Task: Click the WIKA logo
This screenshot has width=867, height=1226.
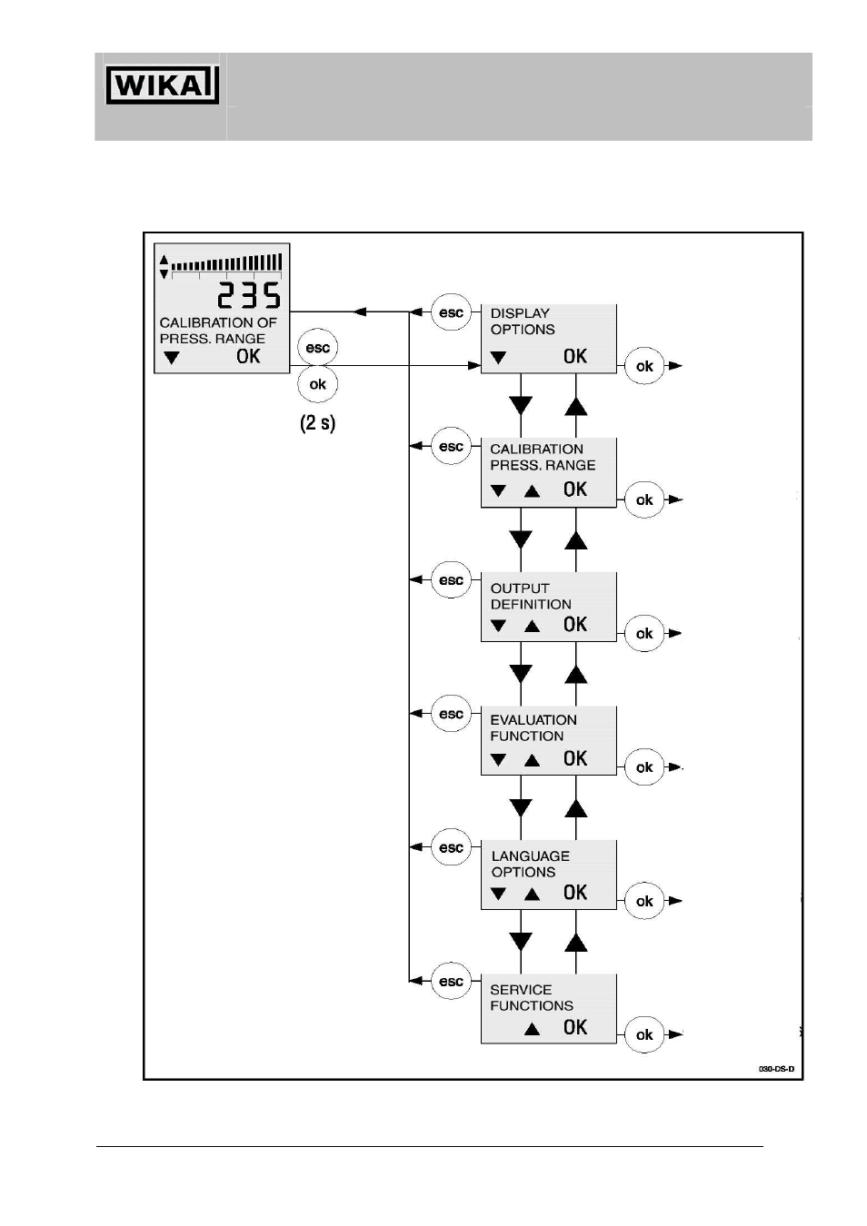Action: pos(162,84)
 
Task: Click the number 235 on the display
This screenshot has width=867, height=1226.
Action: pos(249,295)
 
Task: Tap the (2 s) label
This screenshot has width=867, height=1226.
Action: pos(318,422)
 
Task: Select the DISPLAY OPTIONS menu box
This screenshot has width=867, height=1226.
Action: pos(548,339)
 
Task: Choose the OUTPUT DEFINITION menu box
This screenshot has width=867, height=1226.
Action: pos(548,607)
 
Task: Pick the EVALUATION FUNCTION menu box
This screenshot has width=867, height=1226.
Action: pos(548,740)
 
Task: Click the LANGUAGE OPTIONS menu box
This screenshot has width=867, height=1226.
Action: pos(548,875)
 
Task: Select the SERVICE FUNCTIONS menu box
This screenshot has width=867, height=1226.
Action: pos(548,1009)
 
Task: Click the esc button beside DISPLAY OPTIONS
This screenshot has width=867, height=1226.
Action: pos(452,312)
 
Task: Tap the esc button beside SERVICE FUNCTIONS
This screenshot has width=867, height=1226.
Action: pos(452,982)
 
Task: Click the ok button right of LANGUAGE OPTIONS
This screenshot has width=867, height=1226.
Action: pos(644,901)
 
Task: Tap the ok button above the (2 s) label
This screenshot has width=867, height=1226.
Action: pos(318,384)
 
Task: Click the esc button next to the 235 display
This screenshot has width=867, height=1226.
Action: pos(318,347)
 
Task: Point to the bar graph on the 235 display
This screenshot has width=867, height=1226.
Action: pos(226,263)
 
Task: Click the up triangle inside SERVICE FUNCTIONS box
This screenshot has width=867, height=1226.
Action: pos(532,1029)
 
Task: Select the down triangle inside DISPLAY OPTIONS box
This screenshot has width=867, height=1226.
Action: pos(498,358)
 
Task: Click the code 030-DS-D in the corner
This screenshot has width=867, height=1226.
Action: pos(776,1068)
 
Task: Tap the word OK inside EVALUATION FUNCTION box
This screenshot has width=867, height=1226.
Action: pos(575,758)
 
